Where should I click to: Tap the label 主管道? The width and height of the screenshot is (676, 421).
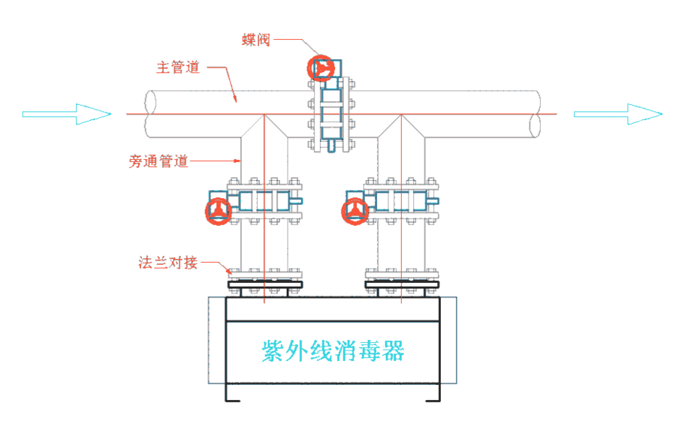pos(177,68)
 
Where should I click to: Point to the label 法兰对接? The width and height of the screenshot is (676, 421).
pos(167,263)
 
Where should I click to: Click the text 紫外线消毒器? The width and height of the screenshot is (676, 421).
pos(333,350)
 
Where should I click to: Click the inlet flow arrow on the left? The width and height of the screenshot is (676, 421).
pos(67,114)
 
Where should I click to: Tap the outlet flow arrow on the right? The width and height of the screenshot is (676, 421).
pos(618,114)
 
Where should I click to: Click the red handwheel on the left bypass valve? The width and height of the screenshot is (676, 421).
pos(218,210)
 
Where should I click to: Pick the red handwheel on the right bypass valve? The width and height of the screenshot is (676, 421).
pos(355,211)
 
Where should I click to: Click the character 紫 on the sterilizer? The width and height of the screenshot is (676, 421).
pos(272,350)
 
